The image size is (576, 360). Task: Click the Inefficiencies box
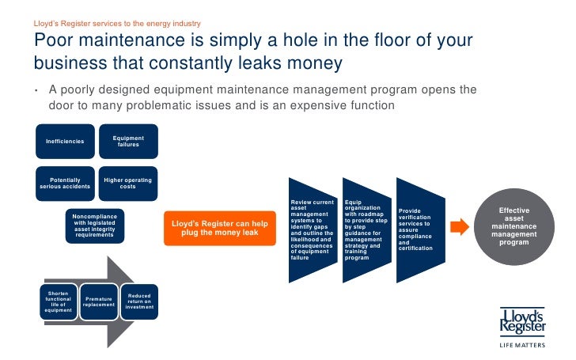[64, 143]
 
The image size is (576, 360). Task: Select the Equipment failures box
[127, 142]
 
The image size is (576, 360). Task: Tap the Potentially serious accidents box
[64, 184]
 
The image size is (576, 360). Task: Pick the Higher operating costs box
[127, 184]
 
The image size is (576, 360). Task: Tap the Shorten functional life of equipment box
[59, 301]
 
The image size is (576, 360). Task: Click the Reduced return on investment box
[139, 301]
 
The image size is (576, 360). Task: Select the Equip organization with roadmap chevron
[364, 229]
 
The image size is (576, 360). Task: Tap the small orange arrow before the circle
[458, 227]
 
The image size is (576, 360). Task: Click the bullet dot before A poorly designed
[36, 89]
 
